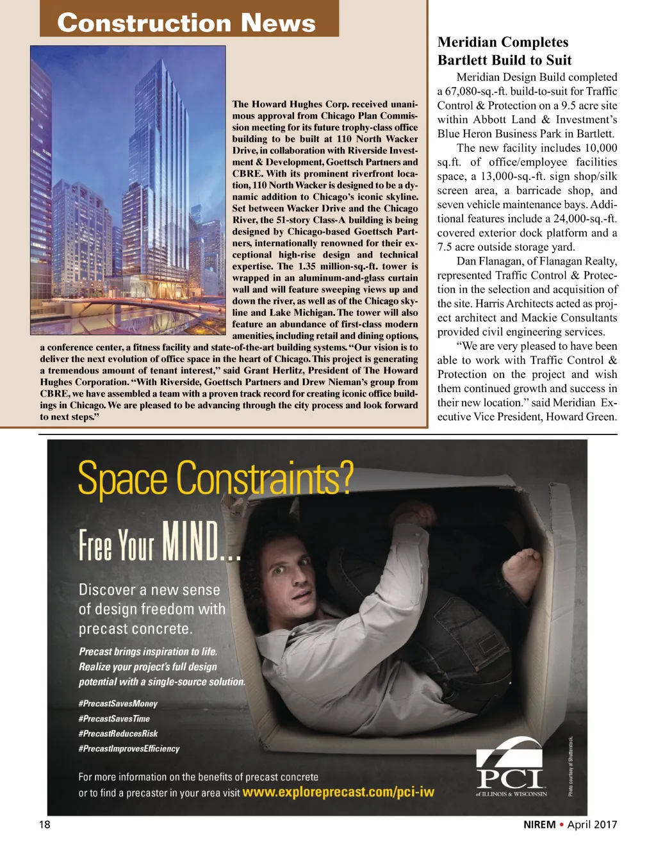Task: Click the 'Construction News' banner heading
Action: (186, 23)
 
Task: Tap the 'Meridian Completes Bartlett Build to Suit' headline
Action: (504, 51)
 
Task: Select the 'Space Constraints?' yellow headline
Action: (215, 479)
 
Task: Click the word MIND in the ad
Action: (191, 541)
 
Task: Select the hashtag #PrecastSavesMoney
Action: (118, 704)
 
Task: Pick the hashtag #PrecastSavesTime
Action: (114, 719)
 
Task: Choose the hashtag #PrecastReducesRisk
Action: (118, 734)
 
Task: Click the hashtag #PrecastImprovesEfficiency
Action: (129, 748)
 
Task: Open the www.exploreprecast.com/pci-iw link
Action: (338, 793)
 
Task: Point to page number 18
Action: (44, 825)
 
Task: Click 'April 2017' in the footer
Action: (592, 825)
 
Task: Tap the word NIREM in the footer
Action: (539, 825)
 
